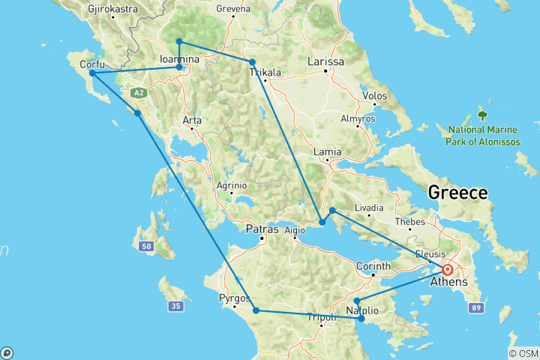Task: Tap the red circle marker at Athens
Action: (x=448, y=270)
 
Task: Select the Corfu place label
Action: (x=91, y=64)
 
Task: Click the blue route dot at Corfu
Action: (x=91, y=73)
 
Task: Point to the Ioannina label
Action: (x=179, y=58)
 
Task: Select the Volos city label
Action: (x=374, y=96)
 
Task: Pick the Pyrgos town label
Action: (x=234, y=298)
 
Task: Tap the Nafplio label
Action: (x=366, y=310)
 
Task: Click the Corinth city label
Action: (x=373, y=266)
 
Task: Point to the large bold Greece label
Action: (x=457, y=193)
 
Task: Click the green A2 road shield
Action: (x=137, y=93)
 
